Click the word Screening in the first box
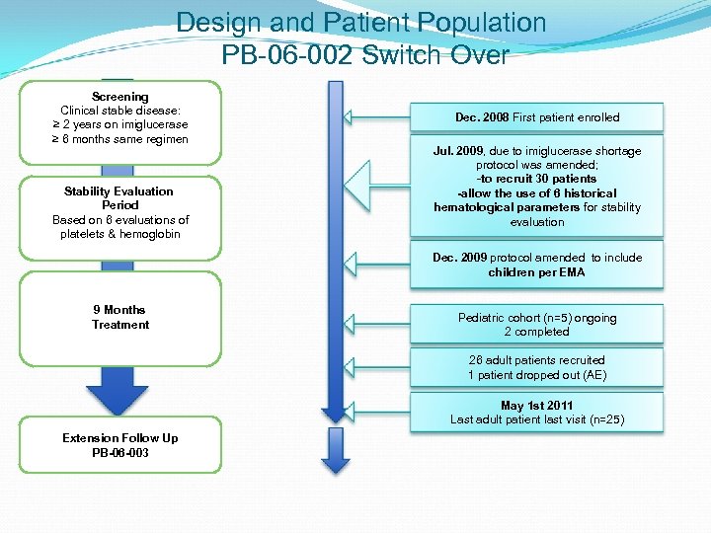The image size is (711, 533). [120, 97]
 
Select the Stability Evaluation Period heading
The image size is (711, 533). [118, 197]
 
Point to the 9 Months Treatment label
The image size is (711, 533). [120, 317]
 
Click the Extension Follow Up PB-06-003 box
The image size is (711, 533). [120, 445]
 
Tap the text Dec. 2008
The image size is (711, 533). [481, 117]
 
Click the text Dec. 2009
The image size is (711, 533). [460, 258]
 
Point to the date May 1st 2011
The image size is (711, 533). [537, 406]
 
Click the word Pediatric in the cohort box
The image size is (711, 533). [482, 318]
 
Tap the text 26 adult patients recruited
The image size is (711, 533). [537, 360]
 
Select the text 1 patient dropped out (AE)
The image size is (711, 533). [537, 375]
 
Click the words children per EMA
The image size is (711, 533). [536, 272]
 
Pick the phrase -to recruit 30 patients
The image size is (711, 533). [537, 179]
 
